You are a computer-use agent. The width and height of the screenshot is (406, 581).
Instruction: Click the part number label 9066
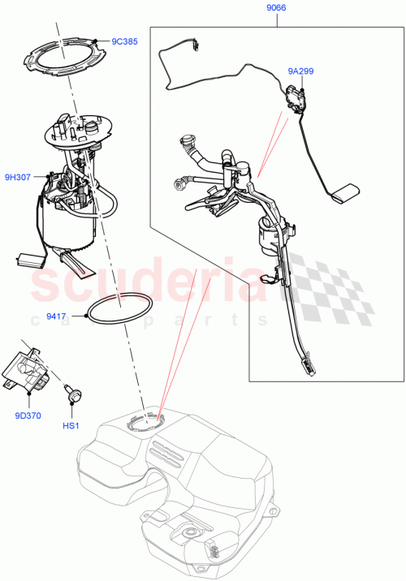point(276,9)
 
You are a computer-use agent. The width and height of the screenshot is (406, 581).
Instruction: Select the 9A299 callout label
point(300,71)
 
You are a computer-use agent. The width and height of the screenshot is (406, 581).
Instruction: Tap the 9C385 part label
point(124,41)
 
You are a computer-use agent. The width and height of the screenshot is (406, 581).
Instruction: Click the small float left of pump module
point(30,260)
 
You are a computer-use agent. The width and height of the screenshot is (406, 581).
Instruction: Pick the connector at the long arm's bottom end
point(309,369)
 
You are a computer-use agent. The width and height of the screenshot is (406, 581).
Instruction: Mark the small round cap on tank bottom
point(192,532)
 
